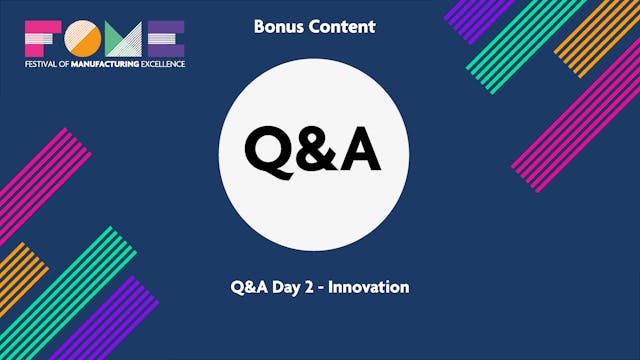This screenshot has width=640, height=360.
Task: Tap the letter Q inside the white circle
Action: pos(268,151)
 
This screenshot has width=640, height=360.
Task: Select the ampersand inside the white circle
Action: pos(314,151)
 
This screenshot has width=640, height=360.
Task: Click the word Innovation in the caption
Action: pos(371,287)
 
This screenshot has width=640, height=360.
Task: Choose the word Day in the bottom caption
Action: pos(287,287)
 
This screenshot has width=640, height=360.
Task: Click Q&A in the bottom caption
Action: pos(248,287)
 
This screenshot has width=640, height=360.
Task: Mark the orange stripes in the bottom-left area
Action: pos(20,270)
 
